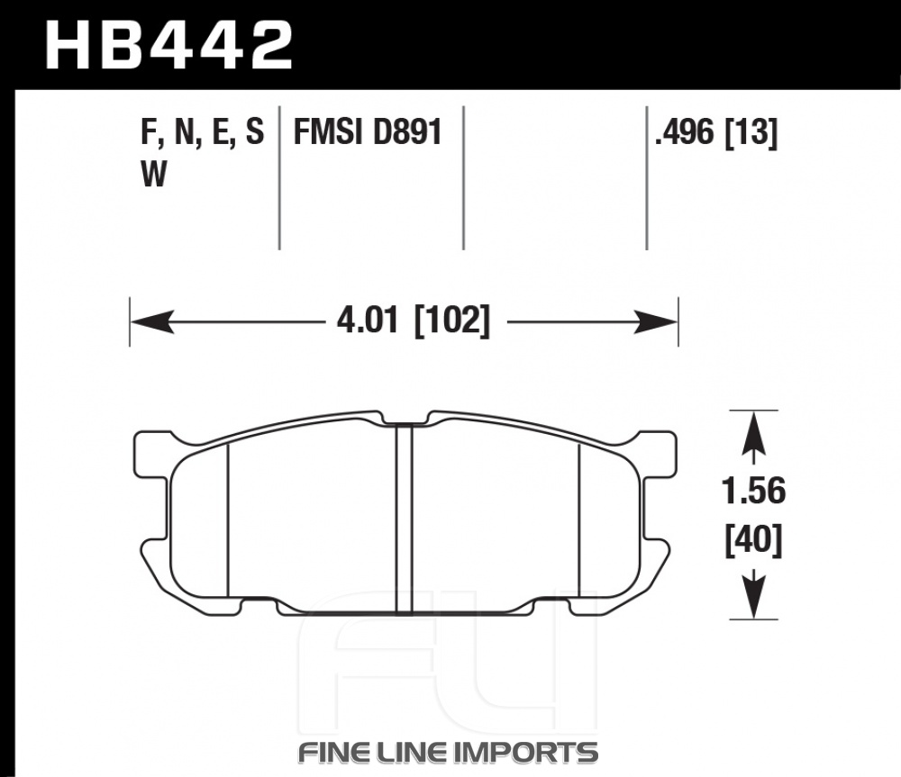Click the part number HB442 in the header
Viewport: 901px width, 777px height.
click(x=169, y=46)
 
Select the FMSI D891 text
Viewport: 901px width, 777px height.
click(x=368, y=132)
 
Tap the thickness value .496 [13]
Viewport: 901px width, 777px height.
click(x=716, y=133)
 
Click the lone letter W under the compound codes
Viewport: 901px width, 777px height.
click(x=153, y=174)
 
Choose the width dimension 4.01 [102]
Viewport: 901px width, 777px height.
click(x=414, y=321)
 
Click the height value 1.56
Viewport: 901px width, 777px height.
click(x=753, y=492)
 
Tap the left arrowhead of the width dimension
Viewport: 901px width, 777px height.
click(x=151, y=321)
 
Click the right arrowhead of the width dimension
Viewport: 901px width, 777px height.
click(x=656, y=321)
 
